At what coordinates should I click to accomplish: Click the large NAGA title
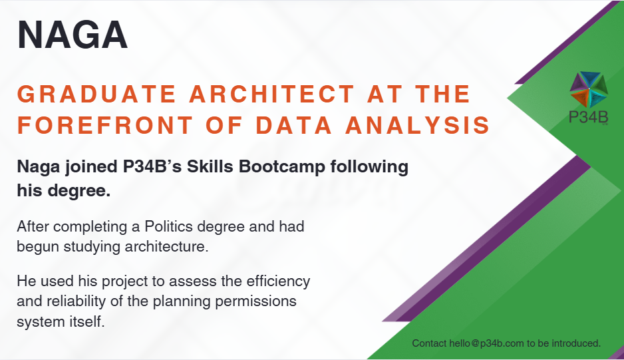73,35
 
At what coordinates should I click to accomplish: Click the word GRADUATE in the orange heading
96,94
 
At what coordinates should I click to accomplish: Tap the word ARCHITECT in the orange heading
272,94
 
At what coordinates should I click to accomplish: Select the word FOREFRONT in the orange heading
105,125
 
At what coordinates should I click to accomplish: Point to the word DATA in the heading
293,125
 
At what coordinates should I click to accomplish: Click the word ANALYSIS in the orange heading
418,125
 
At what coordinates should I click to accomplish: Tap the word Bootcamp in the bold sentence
282,166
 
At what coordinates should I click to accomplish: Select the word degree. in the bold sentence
79,191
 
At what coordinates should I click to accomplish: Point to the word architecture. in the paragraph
167,246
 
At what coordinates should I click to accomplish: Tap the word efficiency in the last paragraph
278,281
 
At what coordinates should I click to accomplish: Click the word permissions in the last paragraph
255,301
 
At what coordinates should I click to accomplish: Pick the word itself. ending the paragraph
84,321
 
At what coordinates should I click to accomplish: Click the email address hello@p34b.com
486,343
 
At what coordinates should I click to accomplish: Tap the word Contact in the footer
429,343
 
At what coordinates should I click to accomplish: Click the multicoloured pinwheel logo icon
589,89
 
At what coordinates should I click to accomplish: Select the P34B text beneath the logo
588,117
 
